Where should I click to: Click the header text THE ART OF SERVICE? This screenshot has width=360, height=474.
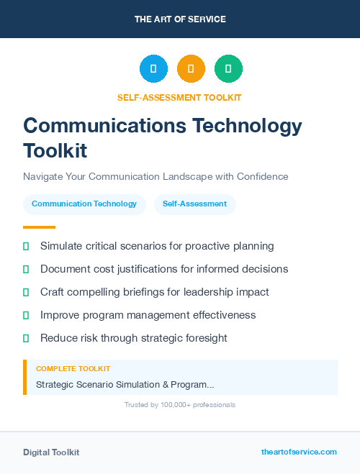180,19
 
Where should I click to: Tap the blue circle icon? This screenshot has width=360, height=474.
153,69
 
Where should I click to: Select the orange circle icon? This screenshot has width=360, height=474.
191,69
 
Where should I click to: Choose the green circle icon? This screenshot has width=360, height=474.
228,69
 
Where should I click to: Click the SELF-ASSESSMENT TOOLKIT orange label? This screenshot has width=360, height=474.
180,97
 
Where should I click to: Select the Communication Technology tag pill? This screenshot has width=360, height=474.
84,204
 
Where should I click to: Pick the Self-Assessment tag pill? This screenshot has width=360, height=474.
194,204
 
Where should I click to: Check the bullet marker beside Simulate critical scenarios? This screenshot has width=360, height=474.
26,246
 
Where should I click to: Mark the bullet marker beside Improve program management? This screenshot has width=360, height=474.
26,315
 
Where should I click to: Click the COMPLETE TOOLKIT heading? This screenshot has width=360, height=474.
73,368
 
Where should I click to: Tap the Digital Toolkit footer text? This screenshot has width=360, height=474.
51,452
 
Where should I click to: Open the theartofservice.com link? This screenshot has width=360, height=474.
299,452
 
